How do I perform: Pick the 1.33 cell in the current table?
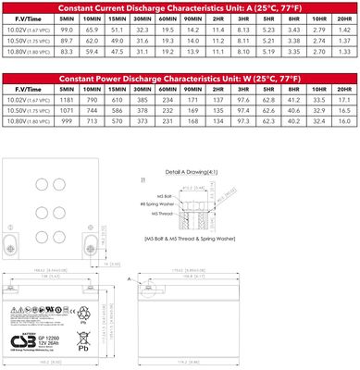pos(343,54)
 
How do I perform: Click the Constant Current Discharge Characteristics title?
pos(180,6)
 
